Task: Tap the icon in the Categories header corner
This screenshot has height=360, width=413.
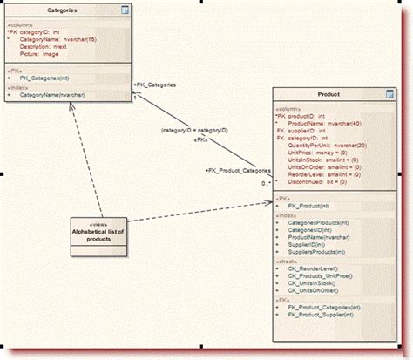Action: tap(125, 10)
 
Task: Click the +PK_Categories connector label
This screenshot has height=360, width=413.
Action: tap(155, 85)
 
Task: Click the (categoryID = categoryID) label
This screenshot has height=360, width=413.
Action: tap(195, 130)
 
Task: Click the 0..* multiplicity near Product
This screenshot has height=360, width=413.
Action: tap(266, 184)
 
